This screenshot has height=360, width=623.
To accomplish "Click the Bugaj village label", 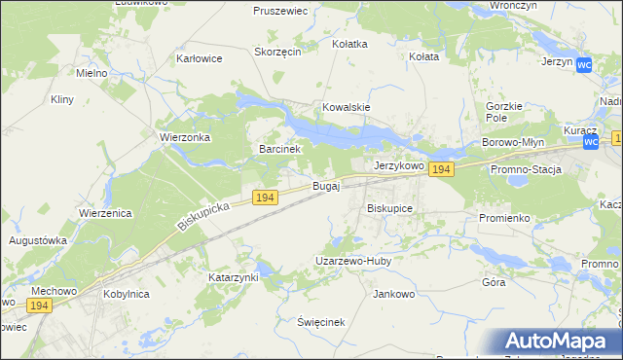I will point(326,186).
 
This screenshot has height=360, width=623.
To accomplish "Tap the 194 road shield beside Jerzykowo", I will point(442,169).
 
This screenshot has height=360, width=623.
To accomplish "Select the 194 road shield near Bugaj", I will point(265,198).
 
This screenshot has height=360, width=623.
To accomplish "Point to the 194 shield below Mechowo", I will point(38,306).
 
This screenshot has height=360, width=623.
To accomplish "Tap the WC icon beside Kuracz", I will point(592,143).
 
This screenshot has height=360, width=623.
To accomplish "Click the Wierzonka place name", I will point(186,137).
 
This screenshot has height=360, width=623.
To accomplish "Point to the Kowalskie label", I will point(347,107).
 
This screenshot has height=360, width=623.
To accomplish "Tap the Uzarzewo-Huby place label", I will point(352,261).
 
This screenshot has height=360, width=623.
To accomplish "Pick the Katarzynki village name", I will point(234,277).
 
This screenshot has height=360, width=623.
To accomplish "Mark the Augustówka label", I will point(37,239).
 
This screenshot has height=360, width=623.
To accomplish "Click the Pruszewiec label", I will point(280,11).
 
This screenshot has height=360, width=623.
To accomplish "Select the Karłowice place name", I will point(199,58).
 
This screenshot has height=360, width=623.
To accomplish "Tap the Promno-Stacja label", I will point(527,169).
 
